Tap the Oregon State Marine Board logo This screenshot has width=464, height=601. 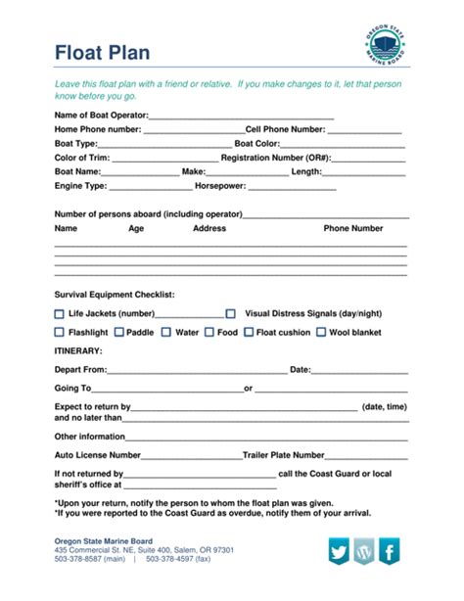point(383,46)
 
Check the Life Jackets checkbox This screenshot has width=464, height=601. point(59,314)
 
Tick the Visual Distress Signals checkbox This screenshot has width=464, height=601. point(231,314)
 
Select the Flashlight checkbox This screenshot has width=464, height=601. point(59,333)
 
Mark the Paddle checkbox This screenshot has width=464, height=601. point(118,333)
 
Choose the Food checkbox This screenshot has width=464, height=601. point(208,333)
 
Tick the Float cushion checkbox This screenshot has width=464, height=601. point(248,333)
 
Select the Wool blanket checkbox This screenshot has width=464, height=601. point(320,333)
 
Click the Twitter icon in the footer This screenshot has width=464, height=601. point(339,551)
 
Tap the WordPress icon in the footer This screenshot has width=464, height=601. point(364,551)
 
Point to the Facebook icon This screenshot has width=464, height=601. point(390,551)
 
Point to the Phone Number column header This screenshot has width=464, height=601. point(353,228)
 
